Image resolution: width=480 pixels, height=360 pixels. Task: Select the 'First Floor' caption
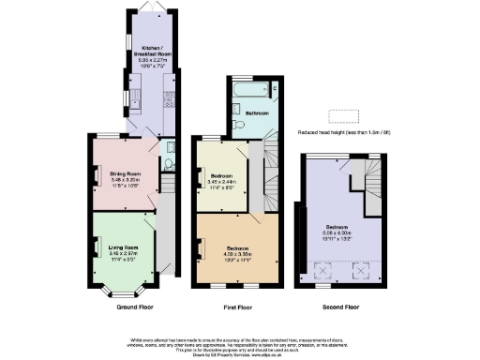point(239,307)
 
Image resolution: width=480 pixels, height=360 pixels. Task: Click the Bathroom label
point(257,113)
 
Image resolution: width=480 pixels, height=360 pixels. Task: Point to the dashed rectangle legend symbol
point(344,116)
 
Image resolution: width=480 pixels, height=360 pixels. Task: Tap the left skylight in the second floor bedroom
point(323,271)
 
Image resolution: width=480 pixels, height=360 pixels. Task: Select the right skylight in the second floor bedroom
point(359,271)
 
